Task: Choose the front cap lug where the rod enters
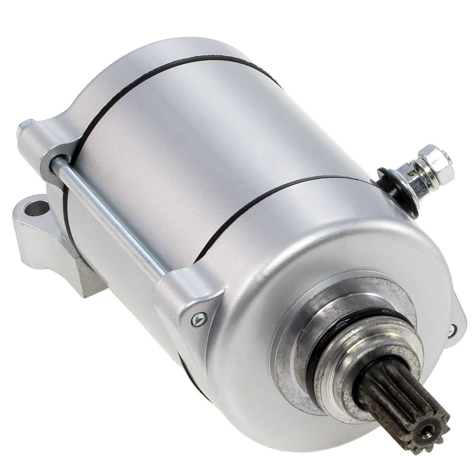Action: [x=182, y=289]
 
